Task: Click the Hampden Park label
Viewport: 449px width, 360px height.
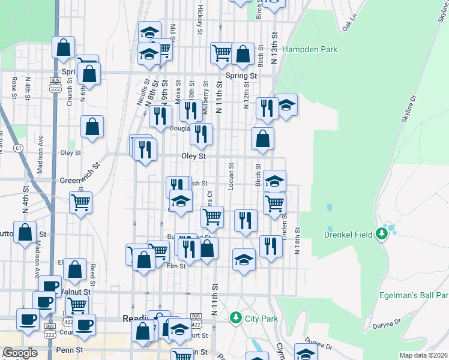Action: (x=310, y=50)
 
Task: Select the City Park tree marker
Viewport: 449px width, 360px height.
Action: (x=237, y=317)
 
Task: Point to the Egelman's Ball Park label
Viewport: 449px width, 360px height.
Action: (x=414, y=295)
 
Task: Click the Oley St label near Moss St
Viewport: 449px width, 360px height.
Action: (x=194, y=156)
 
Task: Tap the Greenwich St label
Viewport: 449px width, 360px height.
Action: (x=79, y=180)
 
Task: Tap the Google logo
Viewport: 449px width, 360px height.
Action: (x=20, y=353)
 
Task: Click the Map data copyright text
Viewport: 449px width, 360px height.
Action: (x=424, y=355)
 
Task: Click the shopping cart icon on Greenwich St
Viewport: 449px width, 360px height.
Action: (x=80, y=202)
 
